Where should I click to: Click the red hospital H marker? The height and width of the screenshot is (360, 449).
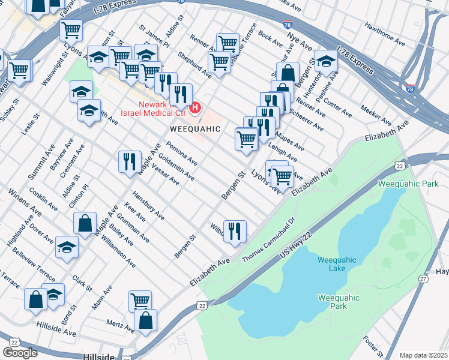(x=194, y=109)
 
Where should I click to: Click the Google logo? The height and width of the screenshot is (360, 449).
(x=20, y=353)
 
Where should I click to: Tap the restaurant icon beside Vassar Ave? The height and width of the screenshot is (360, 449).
(x=130, y=161)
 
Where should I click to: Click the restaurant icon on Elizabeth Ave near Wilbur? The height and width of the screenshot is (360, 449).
(x=235, y=230)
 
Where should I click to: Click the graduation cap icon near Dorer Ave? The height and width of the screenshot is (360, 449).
(x=67, y=247)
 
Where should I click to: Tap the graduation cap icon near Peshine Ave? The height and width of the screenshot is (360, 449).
(x=326, y=61)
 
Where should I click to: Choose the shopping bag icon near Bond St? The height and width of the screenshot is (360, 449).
(x=35, y=298)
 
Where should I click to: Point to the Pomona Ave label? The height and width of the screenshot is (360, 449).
(x=182, y=154)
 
